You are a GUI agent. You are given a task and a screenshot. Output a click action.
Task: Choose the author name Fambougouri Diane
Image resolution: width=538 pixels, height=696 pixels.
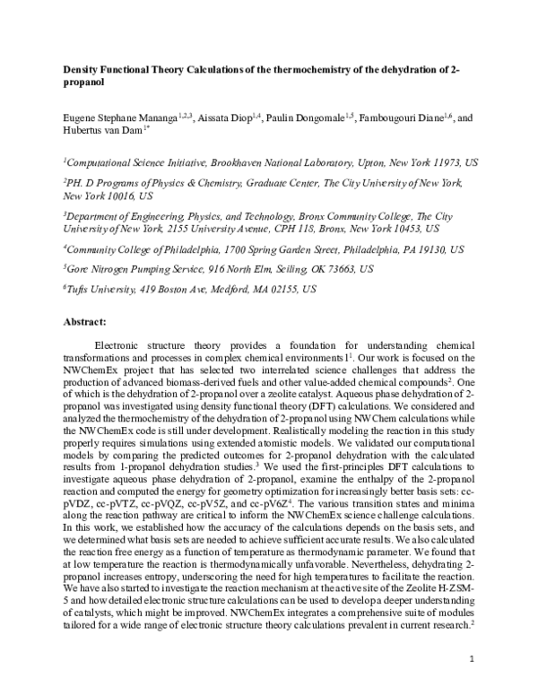click(x=405, y=118)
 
